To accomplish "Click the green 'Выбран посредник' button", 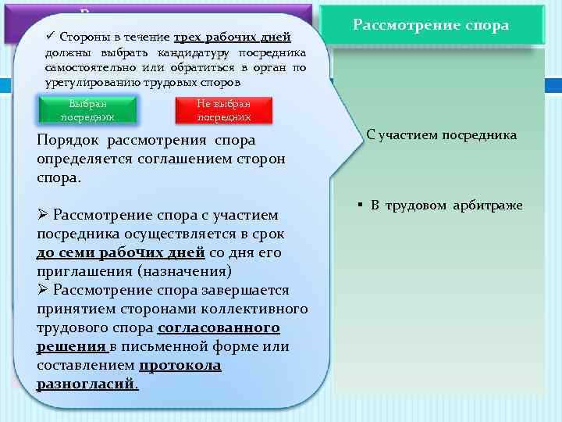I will pos(88,109).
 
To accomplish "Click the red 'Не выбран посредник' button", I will pos(224,110).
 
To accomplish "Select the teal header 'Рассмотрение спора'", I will pos(431,25).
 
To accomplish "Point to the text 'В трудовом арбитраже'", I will pos(446,206).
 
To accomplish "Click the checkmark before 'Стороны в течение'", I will pos(50,37).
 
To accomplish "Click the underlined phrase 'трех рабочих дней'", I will pos(232,38).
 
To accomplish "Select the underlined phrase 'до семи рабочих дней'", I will pos(120,252).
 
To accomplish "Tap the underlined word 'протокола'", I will pos(180,365).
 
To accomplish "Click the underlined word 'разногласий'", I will pos(86,384).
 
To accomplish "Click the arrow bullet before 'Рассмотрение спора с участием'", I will pos(43,215).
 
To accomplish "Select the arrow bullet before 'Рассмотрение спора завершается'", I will pos(43,290).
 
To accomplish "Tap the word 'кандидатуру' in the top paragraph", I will pos(196,52).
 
